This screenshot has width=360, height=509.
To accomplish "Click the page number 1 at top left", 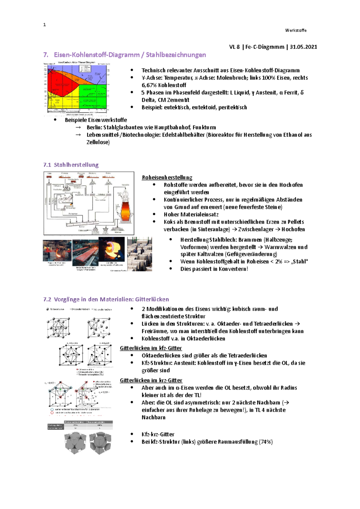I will click(44, 25).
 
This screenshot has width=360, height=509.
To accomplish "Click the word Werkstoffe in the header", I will click(295, 30).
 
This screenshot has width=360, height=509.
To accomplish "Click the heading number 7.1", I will click(47, 165).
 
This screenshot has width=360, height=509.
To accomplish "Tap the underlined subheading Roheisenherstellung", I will click(167, 177).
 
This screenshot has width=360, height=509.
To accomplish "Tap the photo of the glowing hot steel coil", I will click(111, 250).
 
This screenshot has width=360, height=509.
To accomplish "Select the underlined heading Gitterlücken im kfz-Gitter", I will click(151, 348).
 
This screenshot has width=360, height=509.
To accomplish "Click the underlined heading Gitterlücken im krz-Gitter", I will click(151, 380).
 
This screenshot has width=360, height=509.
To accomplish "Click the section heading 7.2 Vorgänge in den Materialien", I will click(106, 299).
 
